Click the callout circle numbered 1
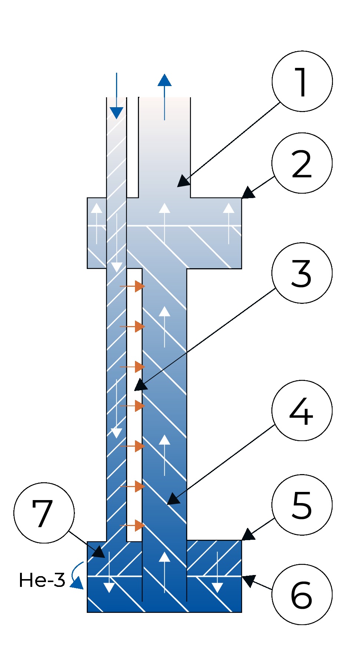pos(302,81)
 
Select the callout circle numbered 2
pos(302,163)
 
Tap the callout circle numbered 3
pos(302,273)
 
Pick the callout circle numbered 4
pos(302,410)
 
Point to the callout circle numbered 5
pos(302,505)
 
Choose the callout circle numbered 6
pos(302,594)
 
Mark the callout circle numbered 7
pos(44,513)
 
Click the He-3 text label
pos(42,580)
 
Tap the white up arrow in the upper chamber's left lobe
pos(97,223)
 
